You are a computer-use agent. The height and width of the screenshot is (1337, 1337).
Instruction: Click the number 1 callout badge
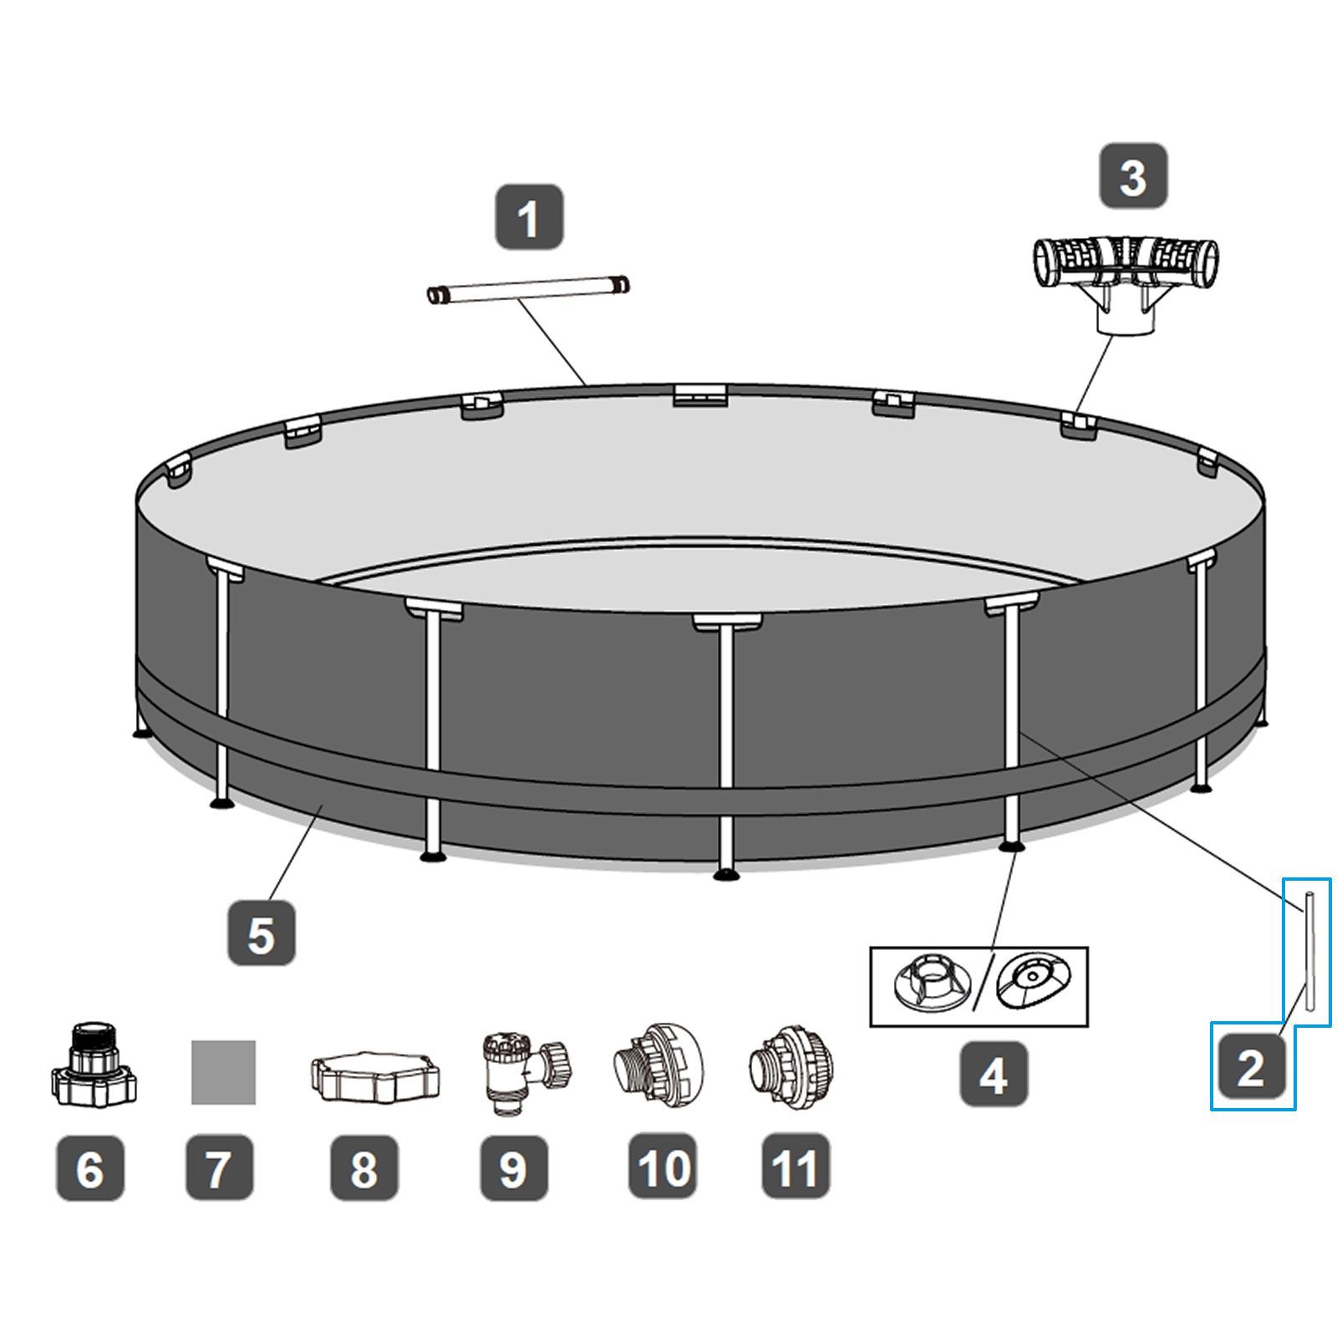click(x=529, y=217)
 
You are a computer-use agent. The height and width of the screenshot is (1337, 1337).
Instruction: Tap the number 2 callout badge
click(x=1250, y=1068)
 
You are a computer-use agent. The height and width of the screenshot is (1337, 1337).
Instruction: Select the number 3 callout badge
click(x=1132, y=175)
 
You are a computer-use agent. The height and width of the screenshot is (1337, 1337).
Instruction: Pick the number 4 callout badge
click(x=994, y=1074)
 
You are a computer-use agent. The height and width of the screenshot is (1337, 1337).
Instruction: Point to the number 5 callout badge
click(x=262, y=933)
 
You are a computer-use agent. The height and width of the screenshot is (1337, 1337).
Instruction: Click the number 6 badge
click(x=90, y=1167)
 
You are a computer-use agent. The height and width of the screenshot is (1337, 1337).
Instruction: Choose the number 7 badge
click(x=219, y=1167)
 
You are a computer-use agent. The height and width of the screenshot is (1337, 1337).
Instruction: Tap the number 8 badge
click(x=364, y=1167)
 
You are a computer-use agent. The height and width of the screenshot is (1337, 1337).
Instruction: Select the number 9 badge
click(x=514, y=1167)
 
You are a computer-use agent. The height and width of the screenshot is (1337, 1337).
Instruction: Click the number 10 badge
click(x=663, y=1167)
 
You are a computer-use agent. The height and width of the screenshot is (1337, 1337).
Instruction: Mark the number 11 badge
click(x=796, y=1167)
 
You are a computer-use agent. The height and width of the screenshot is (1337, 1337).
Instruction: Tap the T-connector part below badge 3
click(x=1126, y=285)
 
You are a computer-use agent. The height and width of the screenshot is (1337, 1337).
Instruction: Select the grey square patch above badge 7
click(x=223, y=1072)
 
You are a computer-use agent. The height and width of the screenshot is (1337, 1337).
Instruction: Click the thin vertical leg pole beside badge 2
click(x=1308, y=959)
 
